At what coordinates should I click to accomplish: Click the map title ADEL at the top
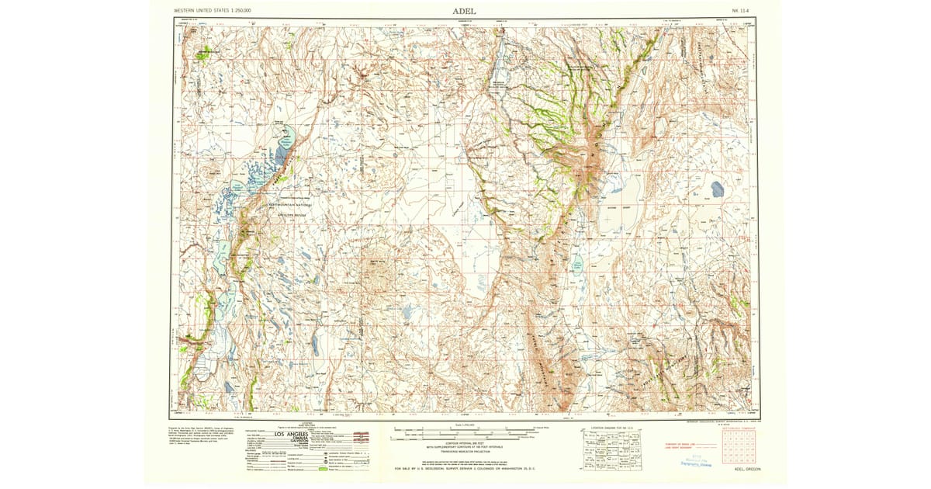tap(465, 11)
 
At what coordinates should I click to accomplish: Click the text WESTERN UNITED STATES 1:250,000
tap(217, 11)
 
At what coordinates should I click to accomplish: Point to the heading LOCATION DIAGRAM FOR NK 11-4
tap(612, 428)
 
